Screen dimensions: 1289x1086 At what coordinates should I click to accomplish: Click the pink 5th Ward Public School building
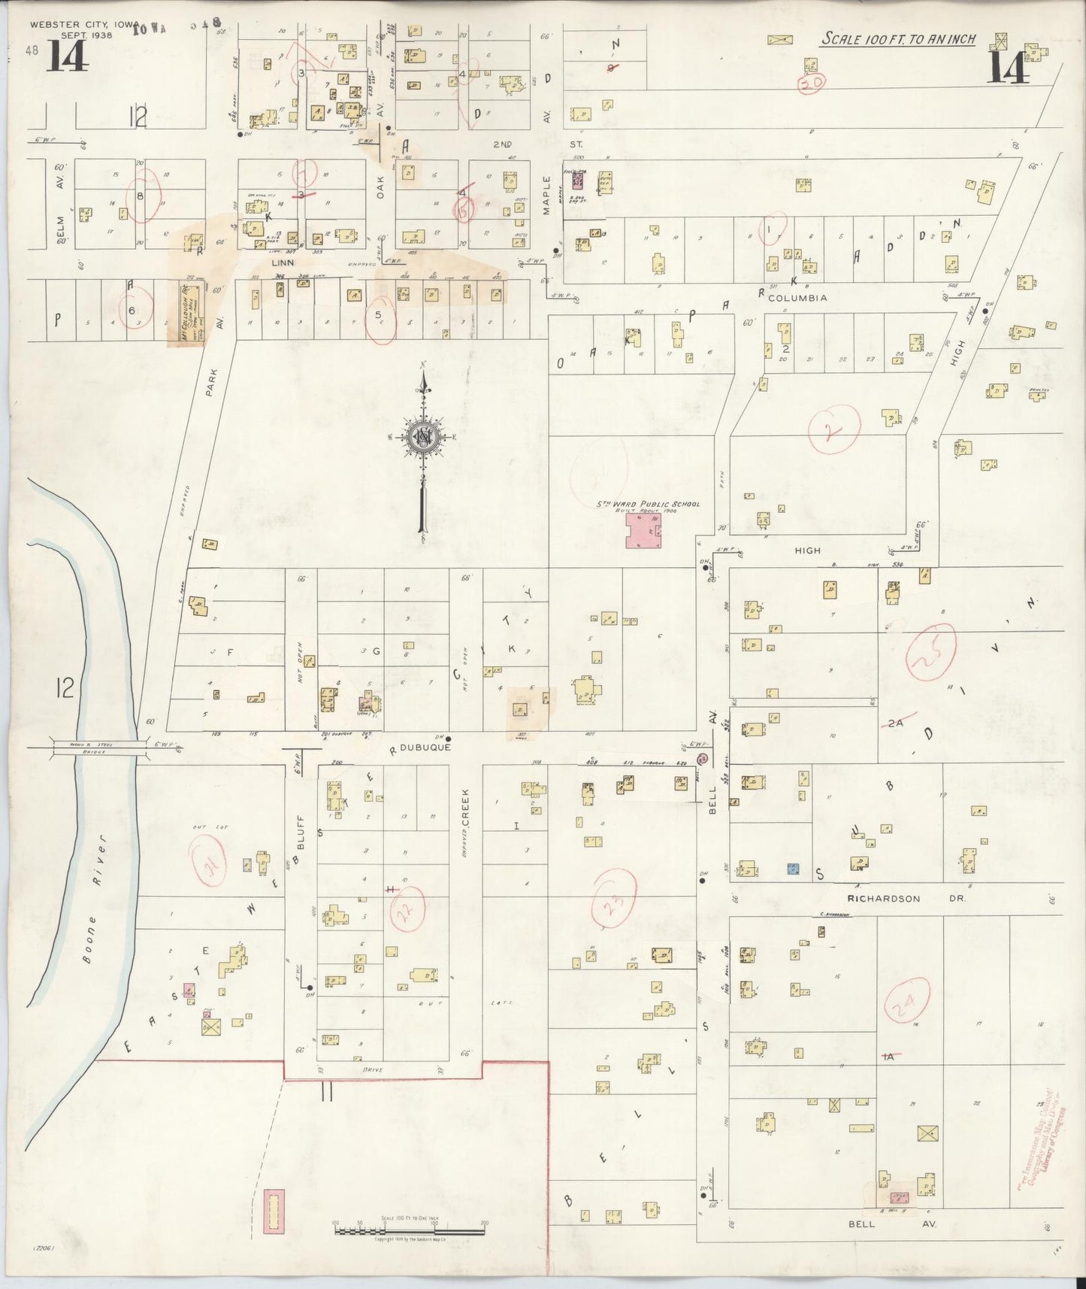click(644, 530)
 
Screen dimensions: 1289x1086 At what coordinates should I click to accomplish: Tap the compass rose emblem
click(423, 437)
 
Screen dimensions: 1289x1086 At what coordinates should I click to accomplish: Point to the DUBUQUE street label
click(425, 749)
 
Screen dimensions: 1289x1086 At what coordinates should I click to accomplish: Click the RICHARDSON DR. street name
click(893, 898)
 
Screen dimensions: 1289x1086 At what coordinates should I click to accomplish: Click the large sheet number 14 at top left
click(68, 56)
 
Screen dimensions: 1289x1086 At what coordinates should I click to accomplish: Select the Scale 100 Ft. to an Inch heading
click(897, 38)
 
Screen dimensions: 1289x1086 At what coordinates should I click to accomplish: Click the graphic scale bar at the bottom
click(410, 1230)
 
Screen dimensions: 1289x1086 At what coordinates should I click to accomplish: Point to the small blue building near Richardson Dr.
click(792, 868)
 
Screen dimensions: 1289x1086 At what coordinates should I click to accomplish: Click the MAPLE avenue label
click(548, 195)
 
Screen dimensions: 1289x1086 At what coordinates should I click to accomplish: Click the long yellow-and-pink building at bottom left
click(275, 1210)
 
